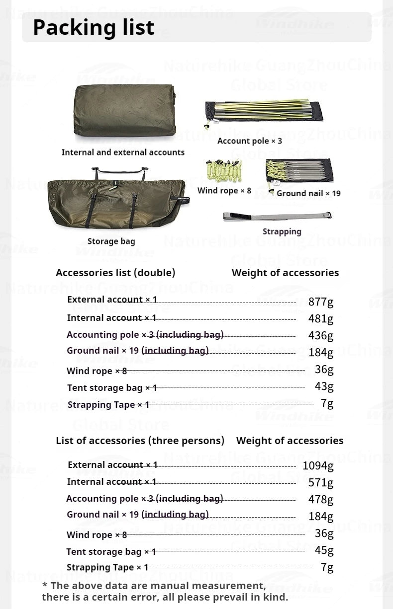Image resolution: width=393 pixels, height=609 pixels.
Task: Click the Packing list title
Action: pyautogui.click(x=94, y=27)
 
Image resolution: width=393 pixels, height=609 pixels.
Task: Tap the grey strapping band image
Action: pyautogui.click(x=277, y=216)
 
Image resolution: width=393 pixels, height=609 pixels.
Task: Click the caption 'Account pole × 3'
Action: pyautogui.click(x=249, y=141)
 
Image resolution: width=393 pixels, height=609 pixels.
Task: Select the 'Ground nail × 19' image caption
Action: pyautogui.click(x=308, y=193)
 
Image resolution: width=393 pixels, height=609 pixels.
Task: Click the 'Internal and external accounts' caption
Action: pyautogui.click(x=123, y=152)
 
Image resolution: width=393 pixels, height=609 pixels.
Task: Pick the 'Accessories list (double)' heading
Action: pyautogui.click(x=115, y=273)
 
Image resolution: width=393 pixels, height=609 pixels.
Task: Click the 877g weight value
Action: pyautogui.click(x=321, y=302)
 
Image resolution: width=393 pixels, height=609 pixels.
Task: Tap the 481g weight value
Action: pyautogui.click(x=321, y=318)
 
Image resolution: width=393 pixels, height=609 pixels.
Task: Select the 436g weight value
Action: pyautogui.click(x=321, y=335)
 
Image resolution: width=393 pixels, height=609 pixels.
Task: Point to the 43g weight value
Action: pyautogui.click(x=324, y=386)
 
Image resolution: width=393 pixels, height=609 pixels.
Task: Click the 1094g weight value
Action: pyautogui.click(x=318, y=466)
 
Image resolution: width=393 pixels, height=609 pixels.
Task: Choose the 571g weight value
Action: pyautogui.click(x=321, y=482)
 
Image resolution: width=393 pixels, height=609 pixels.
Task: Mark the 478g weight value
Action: pyautogui.click(x=321, y=499)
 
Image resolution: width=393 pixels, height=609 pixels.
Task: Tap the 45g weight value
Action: pyautogui.click(x=324, y=550)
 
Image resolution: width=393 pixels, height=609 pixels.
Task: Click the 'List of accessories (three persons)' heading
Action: pyautogui.click(x=140, y=441)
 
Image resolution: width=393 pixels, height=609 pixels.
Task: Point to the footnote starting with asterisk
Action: pyautogui.click(x=165, y=592)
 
